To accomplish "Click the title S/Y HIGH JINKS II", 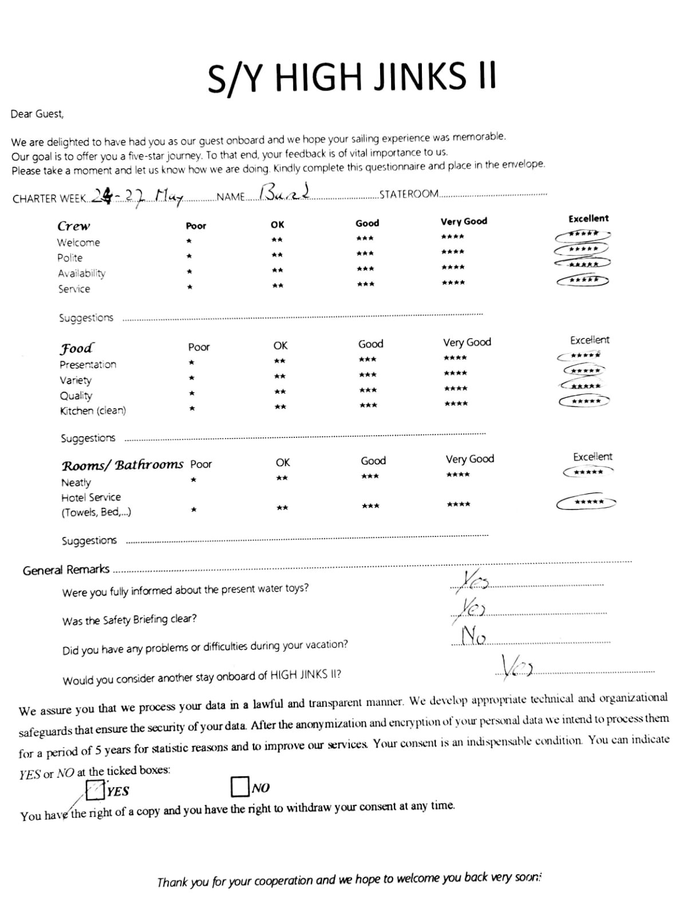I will (x=352, y=78).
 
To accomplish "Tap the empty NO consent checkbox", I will (x=240, y=787).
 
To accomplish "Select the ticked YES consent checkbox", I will (x=95, y=790).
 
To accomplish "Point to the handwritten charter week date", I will (x=137, y=197).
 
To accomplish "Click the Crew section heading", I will (x=74, y=226).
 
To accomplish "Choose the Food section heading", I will (x=77, y=348).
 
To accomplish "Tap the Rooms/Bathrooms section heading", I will (x=123, y=465).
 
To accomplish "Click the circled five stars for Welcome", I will (x=583, y=234).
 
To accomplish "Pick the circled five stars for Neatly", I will (x=588, y=472).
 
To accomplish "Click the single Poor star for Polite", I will (x=189, y=256).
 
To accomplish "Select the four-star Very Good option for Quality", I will (x=456, y=389).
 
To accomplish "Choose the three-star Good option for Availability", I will (x=365, y=269).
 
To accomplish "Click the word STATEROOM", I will (x=409, y=194).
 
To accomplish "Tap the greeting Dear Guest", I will (x=37, y=114).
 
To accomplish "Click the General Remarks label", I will (x=66, y=570).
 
